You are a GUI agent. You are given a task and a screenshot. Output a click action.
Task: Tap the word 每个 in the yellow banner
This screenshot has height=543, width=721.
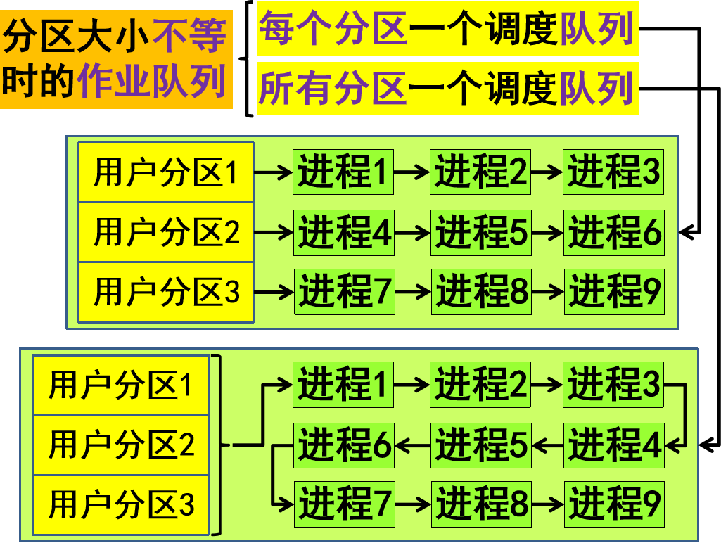(296, 29)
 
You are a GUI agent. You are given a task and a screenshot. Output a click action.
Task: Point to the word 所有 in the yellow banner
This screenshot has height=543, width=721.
(296, 89)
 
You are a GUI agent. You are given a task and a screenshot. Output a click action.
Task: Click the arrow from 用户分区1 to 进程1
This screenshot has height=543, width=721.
(273, 172)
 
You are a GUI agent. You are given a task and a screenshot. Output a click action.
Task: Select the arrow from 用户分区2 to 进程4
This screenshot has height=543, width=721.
(273, 231)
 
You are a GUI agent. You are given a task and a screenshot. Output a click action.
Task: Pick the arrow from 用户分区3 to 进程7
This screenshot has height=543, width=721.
(273, 291)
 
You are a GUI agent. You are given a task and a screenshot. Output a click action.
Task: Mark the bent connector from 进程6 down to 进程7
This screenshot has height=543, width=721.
(276, 475)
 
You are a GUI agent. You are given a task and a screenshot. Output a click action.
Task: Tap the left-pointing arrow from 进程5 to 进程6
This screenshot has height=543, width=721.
(412, 445)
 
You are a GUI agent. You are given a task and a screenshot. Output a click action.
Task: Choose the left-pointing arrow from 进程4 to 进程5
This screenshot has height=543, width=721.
(547, 445)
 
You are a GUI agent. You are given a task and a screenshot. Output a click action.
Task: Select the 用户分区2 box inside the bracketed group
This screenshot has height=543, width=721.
(121, 445)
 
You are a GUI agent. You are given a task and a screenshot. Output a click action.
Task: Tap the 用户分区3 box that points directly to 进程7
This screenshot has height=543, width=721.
(166, 292)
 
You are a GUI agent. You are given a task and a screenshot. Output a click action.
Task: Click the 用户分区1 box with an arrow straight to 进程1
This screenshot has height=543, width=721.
(166, 172)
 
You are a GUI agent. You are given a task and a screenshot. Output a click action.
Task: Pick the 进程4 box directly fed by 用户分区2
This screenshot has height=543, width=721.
(344, 232)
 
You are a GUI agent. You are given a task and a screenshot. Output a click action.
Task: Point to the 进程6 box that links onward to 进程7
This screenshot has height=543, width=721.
(344, 445)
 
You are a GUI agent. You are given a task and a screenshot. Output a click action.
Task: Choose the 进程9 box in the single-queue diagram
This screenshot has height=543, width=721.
(614, 504)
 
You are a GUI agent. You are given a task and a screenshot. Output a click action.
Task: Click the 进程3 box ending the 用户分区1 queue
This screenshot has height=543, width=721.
(613, 172)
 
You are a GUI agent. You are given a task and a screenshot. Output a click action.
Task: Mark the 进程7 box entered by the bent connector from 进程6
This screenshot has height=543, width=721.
(344, 504)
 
